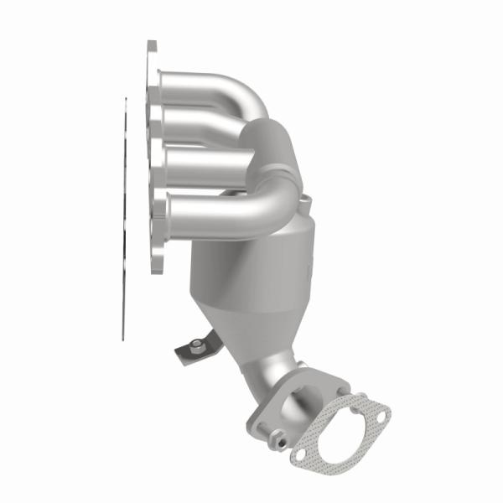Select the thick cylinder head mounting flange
click(153, 159)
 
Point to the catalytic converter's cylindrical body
click(251, 268)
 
